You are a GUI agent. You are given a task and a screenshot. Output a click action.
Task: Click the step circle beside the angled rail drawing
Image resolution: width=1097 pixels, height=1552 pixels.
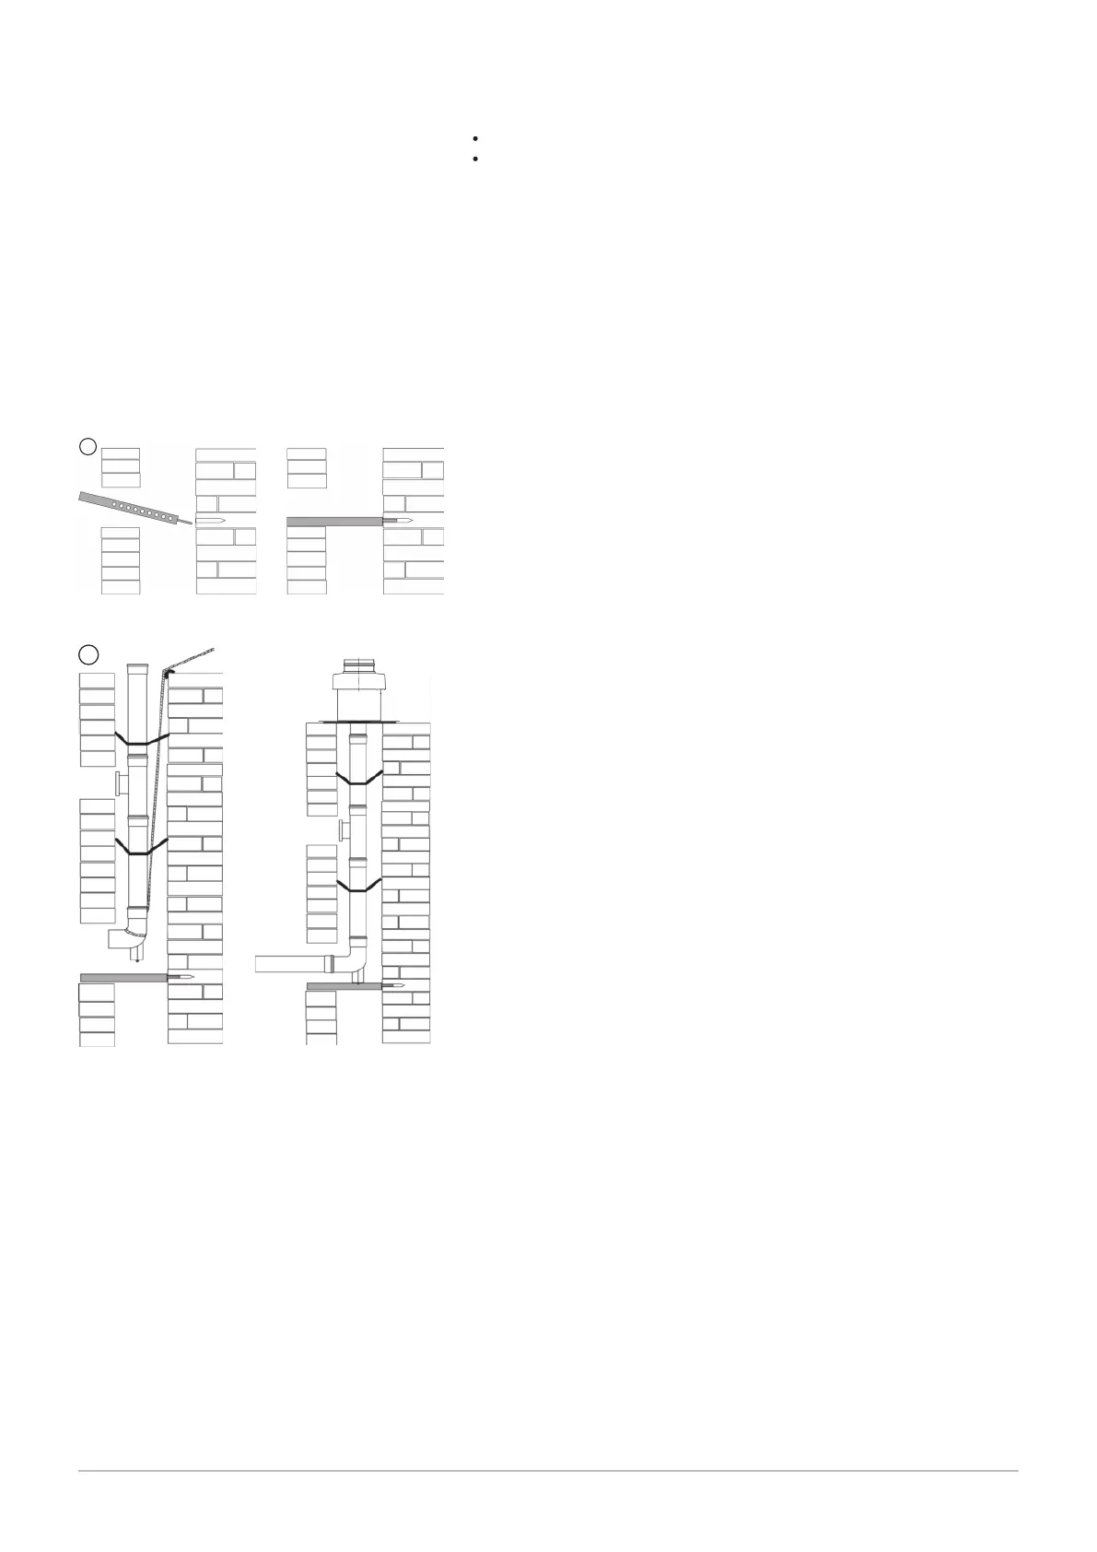coord(88,446)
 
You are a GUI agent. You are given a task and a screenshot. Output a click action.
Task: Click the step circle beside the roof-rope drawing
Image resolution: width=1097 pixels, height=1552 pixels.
coord(88,654)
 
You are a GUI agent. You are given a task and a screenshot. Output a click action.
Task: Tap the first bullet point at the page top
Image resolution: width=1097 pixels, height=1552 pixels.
coord(473,138)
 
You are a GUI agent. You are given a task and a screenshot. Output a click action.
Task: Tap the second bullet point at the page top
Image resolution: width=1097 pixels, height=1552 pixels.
coord(473,159)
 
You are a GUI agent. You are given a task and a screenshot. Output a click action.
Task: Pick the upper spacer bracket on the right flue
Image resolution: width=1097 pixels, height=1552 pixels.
coord(359,778)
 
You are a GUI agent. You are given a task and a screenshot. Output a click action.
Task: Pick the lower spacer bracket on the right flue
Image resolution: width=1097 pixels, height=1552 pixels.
coord(359,886)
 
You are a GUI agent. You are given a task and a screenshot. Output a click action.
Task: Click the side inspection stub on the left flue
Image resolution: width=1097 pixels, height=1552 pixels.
coord(121,784)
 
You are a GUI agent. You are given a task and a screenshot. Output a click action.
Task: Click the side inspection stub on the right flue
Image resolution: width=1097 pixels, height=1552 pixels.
coord(344,829)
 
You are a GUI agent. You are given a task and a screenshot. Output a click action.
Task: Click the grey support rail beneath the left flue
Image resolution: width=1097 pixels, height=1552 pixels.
coord(123,977)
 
